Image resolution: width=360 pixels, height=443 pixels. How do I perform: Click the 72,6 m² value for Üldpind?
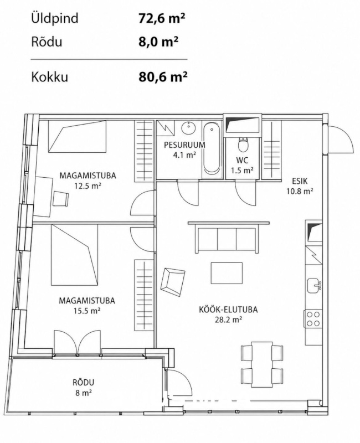[162, 19]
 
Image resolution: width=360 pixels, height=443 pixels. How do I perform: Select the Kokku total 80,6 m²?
[163, 76]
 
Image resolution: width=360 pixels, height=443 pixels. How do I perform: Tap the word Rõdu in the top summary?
[47, 42]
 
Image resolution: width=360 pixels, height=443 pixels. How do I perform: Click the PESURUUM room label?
[184, 145]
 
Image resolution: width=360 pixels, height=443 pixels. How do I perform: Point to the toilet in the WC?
[243, 145]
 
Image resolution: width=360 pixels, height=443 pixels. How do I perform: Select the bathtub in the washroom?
[212, 149]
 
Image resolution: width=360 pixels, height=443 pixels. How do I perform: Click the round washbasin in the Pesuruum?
[188, 129]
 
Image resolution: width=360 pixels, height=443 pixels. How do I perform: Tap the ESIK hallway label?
[300, 181]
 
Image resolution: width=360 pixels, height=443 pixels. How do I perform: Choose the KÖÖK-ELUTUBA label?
[228, 310]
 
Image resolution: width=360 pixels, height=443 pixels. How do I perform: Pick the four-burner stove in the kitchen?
[313, 320]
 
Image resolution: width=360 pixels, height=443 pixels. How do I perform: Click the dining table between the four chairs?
[262, 364]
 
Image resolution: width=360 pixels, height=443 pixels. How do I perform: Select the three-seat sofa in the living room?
[228, 237]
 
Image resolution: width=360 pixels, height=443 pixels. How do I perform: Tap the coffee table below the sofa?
[227, 273]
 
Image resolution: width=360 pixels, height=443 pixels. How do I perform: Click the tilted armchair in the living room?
[173, 282]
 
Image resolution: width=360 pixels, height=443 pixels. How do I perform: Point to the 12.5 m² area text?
[88, 187]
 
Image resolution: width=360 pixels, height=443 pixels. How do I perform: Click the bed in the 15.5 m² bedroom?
[75, 255]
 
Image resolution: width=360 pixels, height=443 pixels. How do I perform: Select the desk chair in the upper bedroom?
[61, 198]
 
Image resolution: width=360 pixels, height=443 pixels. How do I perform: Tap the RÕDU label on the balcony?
[84, 383]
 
